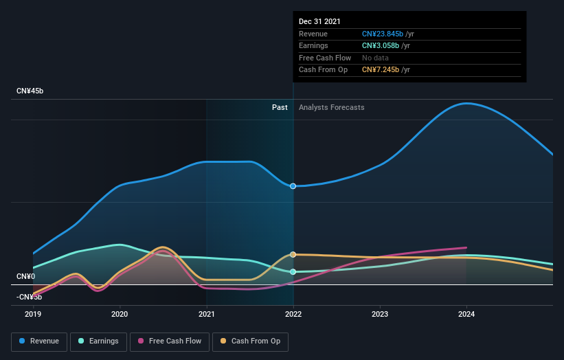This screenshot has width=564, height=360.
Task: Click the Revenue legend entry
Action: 39,341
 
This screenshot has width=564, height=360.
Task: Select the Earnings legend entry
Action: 98,341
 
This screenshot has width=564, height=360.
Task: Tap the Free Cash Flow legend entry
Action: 170,341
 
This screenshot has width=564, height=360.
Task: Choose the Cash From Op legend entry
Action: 251,341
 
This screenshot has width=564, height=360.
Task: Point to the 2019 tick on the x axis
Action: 33,314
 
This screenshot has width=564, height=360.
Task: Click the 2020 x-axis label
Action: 120,314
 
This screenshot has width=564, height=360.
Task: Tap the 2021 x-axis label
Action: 206,314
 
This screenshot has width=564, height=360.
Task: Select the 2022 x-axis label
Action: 293,314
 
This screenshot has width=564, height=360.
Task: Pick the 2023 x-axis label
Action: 380,314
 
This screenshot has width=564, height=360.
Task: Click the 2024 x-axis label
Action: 466,314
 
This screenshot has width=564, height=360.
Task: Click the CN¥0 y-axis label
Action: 26,276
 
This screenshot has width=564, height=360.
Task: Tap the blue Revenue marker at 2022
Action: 293,186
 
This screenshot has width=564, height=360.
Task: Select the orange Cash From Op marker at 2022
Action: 293,254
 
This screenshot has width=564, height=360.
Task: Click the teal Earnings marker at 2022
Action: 293,271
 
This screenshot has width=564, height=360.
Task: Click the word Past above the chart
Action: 280,107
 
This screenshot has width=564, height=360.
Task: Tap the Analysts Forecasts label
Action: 331,107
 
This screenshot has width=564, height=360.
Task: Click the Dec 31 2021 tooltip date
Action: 319,22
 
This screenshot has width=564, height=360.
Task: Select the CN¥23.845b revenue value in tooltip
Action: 383,34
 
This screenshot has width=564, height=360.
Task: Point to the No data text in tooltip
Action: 376,58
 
